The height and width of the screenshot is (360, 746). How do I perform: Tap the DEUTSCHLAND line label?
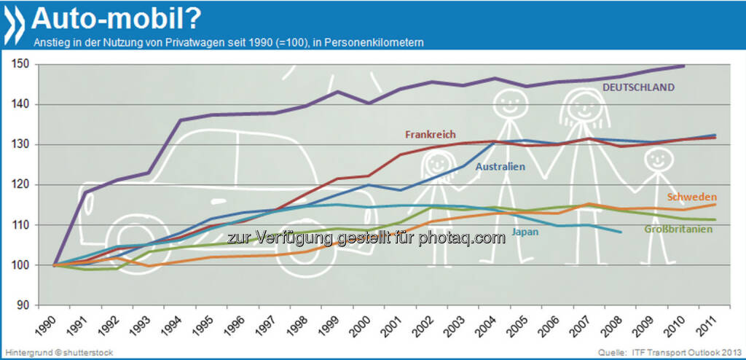tap(638, 87)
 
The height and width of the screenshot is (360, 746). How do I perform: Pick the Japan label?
tap(525, 232)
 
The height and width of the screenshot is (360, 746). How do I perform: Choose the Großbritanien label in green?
tap(678, 229)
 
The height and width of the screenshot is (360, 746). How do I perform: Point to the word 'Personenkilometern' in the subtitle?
tap(379, 43)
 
